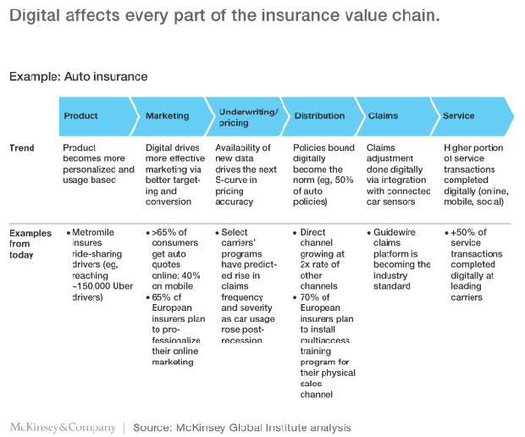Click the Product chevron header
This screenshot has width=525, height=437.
98,116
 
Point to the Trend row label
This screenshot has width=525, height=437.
22,148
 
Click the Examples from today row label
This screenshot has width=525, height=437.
30,244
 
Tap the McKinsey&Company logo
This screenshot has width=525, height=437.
63,428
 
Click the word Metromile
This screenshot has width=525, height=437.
93,232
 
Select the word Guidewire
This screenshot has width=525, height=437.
395,232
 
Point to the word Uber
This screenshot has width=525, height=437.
123,286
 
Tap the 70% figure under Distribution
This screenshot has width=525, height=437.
311,297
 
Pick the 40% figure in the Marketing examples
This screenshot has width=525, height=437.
190,275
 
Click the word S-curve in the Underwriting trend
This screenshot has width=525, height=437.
231,180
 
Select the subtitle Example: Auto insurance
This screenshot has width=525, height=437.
79,77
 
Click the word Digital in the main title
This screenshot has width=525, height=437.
35,16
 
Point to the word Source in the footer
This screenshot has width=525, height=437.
152,428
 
